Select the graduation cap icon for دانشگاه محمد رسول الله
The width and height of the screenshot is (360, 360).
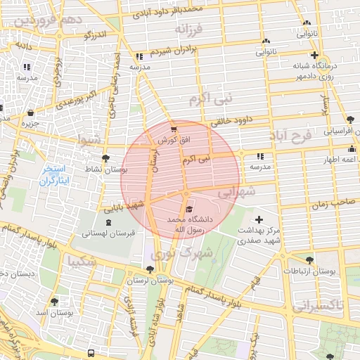(x=188, y=210)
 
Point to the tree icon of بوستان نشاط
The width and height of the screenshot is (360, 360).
(x=105, y=158)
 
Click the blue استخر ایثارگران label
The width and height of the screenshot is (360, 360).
(x=53, y=175)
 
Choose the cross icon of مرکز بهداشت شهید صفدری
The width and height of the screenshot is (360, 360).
(x=259, y=221)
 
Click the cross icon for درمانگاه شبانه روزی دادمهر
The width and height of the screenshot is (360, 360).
(x=314, y=55)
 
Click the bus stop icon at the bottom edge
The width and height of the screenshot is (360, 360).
(x=91, y=353)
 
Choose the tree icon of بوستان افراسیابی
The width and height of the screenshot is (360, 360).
(x=351, y=120)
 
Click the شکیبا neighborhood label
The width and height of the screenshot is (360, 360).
(x=82, y=262)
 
